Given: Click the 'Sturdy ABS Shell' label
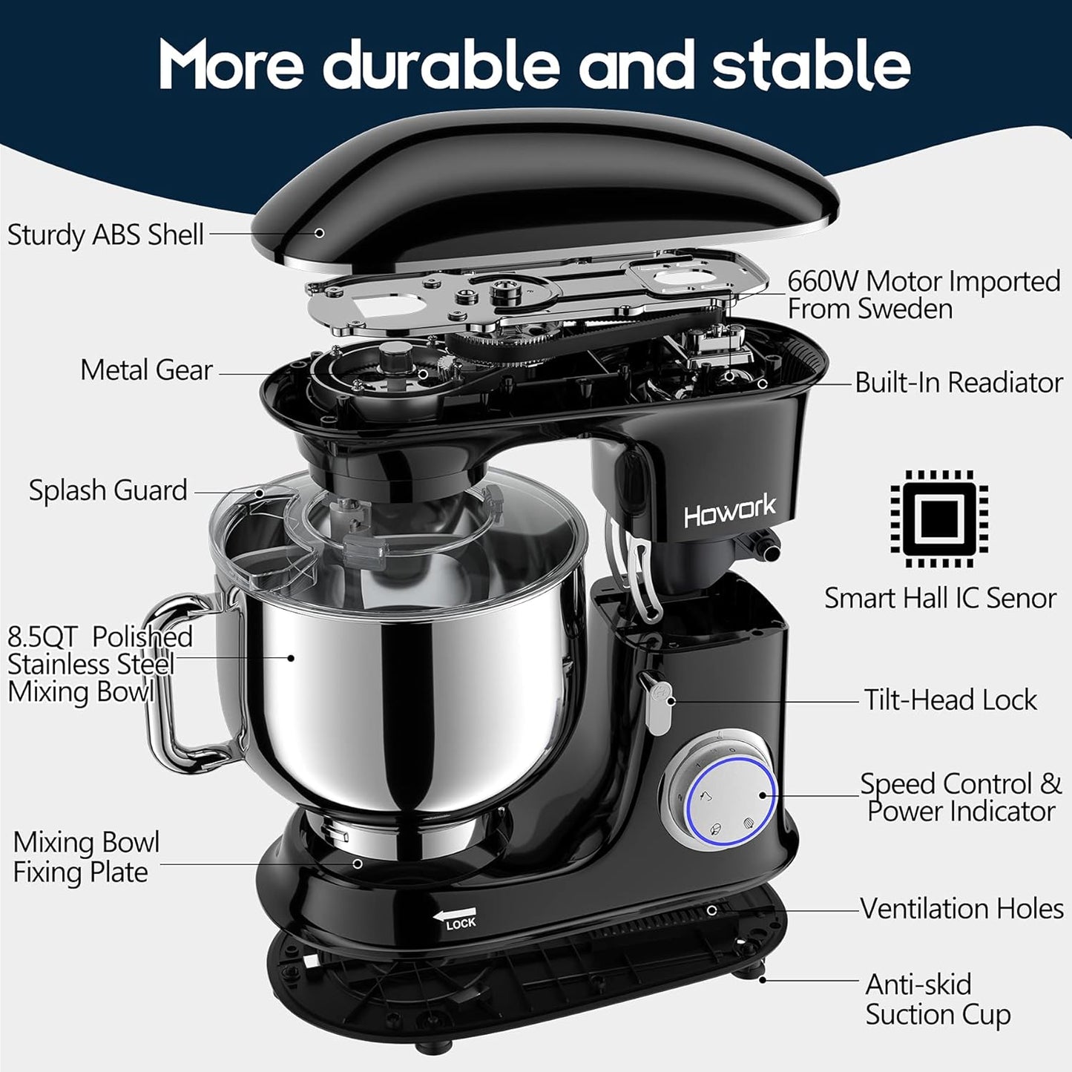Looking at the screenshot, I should coord(105,234).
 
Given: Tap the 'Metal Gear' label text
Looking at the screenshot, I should coord(146,369).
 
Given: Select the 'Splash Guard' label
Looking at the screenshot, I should coord(108,490).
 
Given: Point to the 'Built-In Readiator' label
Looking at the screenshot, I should coord(958,383).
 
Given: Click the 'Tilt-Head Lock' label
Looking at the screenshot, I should coord(950,700).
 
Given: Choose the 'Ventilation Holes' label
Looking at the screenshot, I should coord(961,908).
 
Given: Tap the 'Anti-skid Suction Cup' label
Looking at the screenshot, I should coord(937,999).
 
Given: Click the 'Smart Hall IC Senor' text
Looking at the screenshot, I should coord(940,598).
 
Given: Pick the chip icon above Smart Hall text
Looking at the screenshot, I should coord(940,518).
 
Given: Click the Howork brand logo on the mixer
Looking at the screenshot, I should coord(729,511).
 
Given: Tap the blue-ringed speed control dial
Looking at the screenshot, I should coord(731,796).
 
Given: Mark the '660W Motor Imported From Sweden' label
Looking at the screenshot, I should coord(924,295).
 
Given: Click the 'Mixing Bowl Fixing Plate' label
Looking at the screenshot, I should coord(86,857).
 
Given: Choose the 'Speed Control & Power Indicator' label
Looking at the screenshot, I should coord(961,798).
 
